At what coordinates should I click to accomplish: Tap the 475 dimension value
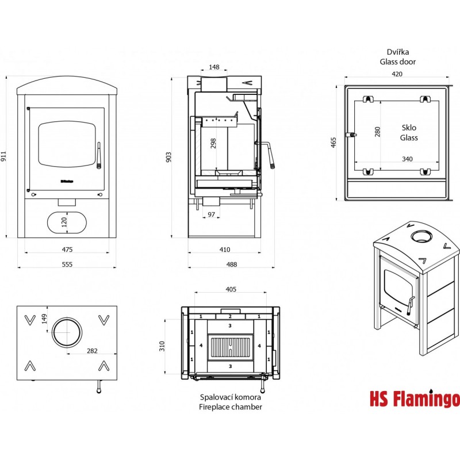pos(67,249)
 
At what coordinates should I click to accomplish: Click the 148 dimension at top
pos(214,67)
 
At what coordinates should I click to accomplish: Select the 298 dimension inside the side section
pos(214,143)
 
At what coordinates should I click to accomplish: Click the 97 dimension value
pos(212,214)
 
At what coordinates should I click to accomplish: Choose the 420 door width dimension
pos(397,74)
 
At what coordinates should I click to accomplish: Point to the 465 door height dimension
pos(333,142)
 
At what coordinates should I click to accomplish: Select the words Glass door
pos(397,62)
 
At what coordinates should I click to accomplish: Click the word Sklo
pos(409,128)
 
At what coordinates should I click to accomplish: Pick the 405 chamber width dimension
pos(231,289)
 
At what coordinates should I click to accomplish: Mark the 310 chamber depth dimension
pos(163,346)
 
